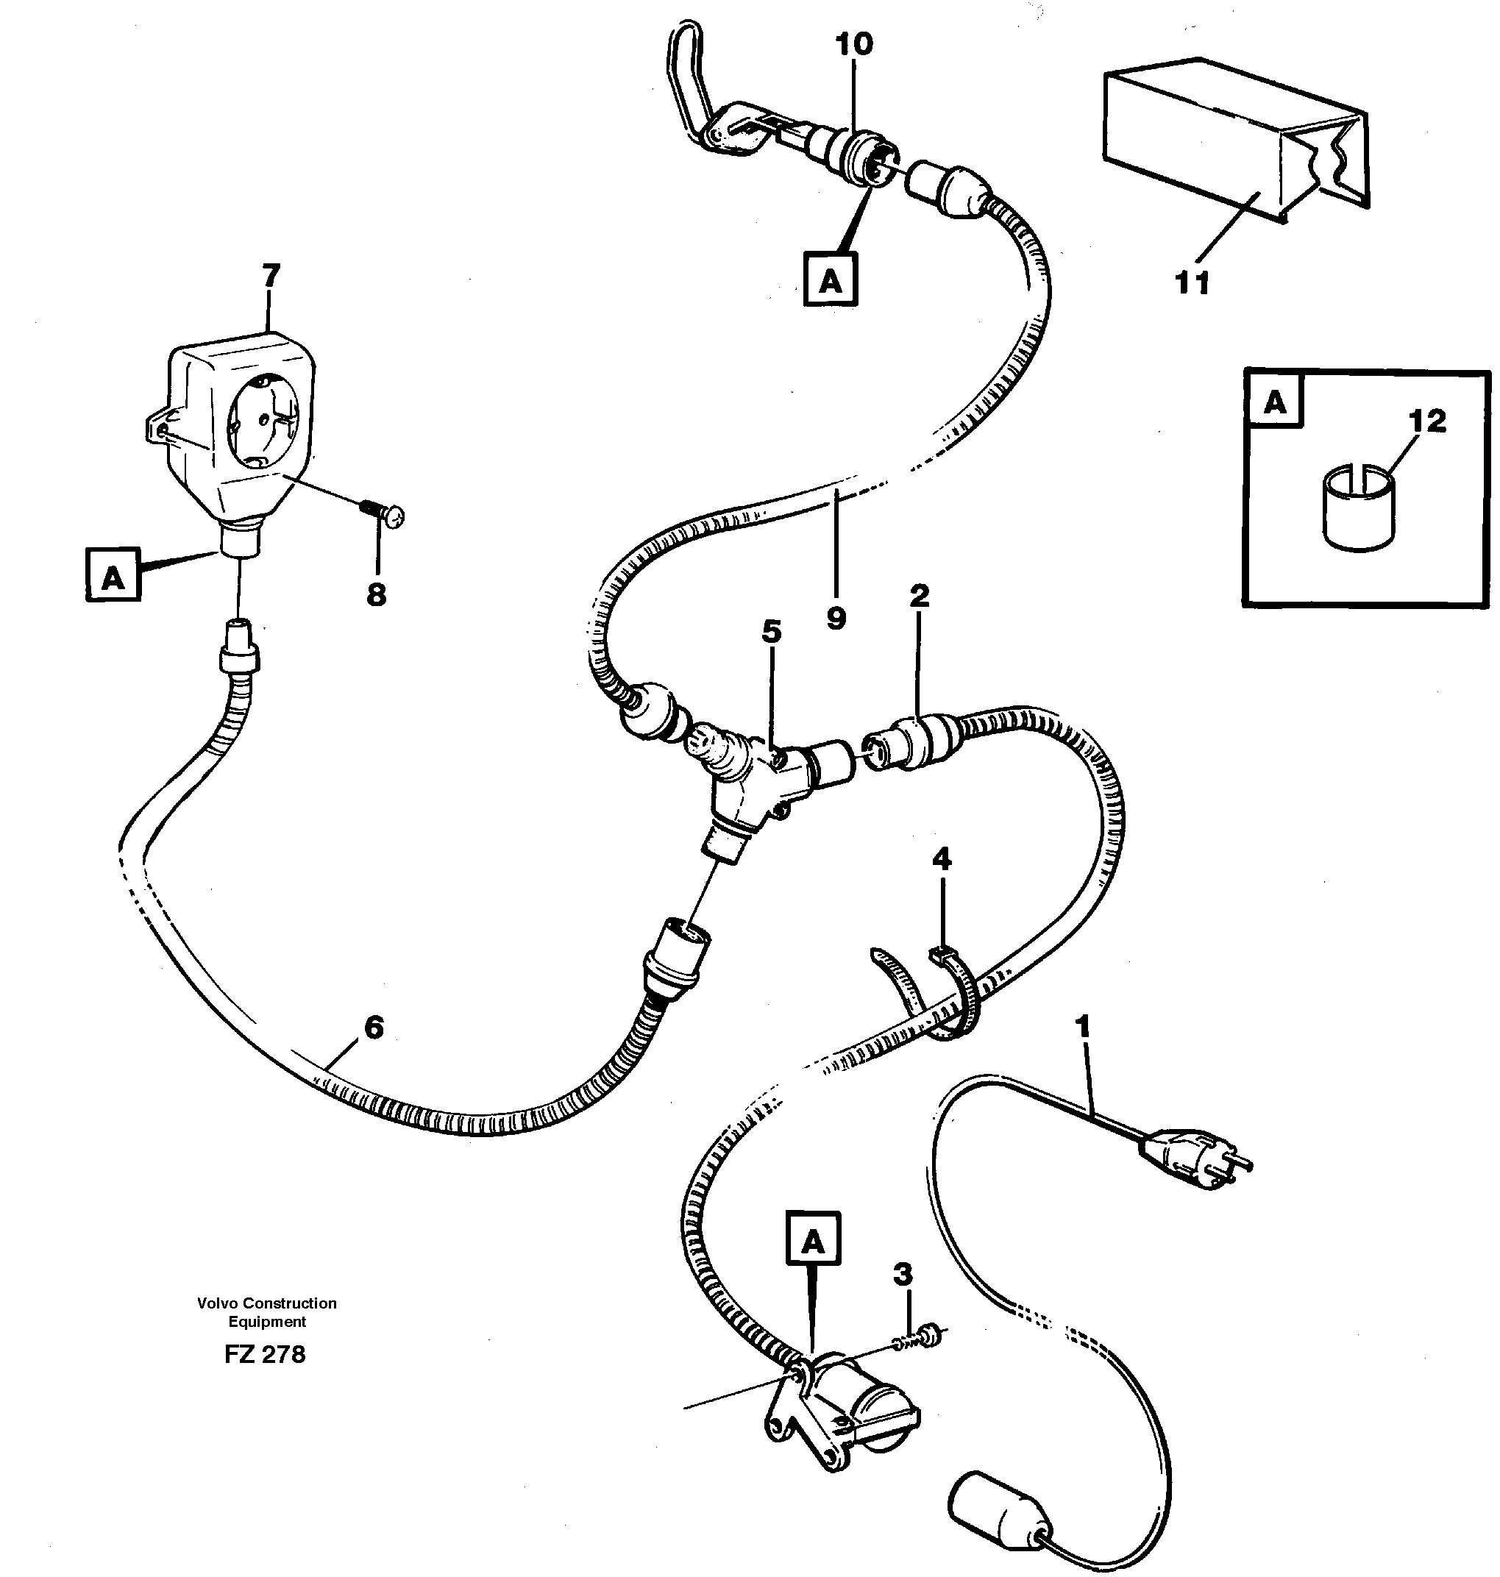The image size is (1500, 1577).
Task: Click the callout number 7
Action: [x=271, y=276]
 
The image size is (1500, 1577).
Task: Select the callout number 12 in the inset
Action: [x=1427, y=421]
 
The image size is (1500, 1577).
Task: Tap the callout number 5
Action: [x=771, y=631]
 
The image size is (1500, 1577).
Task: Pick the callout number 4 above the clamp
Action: [x=942, y=860]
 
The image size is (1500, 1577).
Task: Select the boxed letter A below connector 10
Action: [x=830, y=280]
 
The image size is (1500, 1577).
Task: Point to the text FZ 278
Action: [x=265, y=1354]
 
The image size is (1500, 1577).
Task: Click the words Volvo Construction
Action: [x=266, y=1303]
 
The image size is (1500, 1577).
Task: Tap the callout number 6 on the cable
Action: [x=374, y=1027]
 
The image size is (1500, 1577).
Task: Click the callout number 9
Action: [x=836, y=618]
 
